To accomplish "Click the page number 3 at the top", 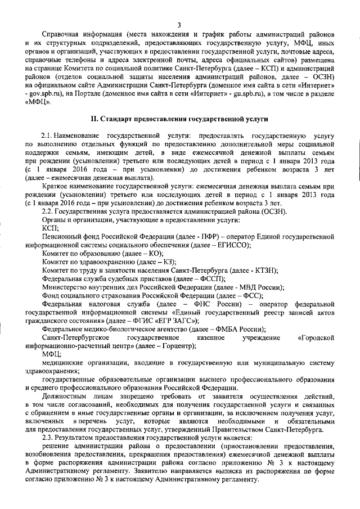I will pyautogui.click(x=179, y=24).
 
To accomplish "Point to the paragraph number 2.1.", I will pyautogui.click(x=48, y=137).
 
